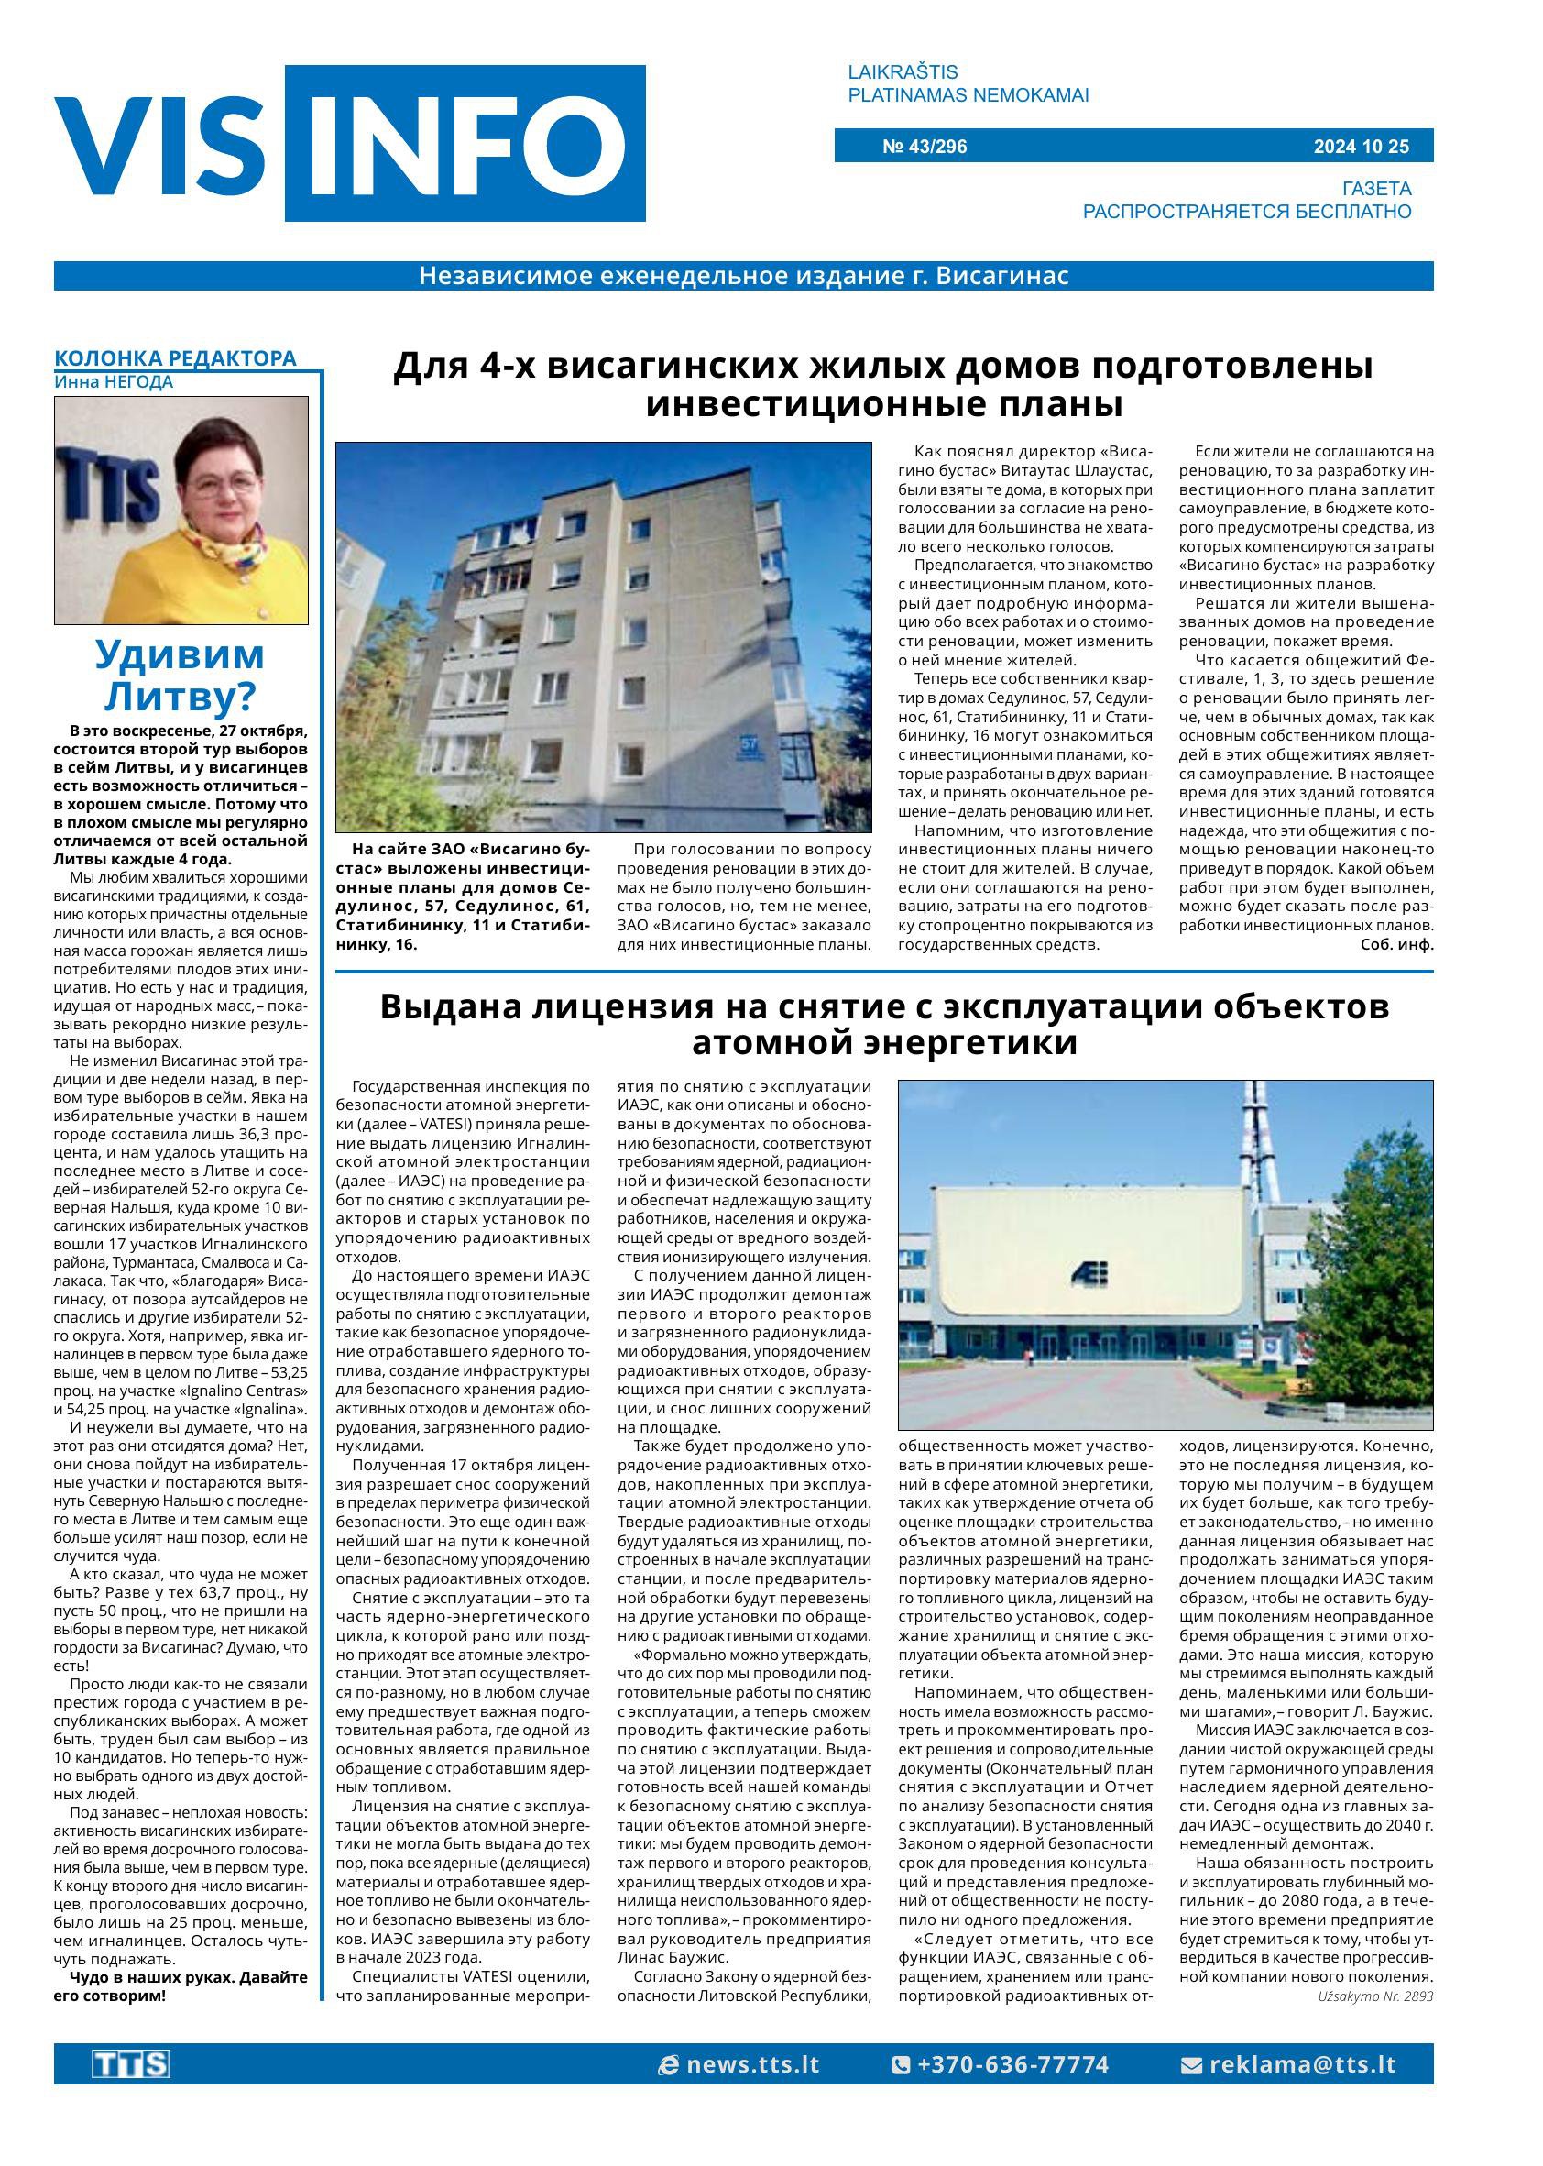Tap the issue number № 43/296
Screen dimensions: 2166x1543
[925, 147]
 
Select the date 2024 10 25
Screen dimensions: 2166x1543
[1361, 147]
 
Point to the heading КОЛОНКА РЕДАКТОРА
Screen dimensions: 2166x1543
[175, 358]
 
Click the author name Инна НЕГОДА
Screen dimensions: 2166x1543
[114, 382]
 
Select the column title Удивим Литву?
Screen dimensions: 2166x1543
[180, 676]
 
